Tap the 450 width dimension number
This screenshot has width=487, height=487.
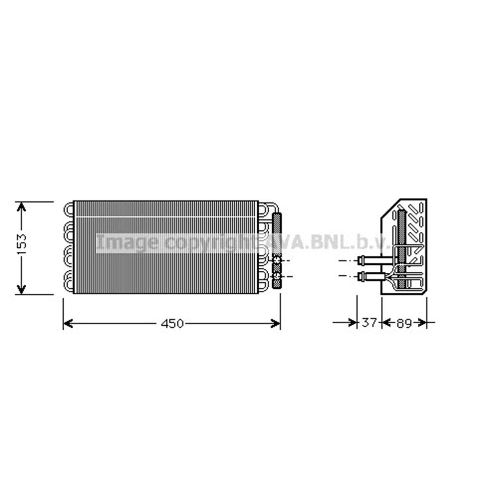pos(172,323)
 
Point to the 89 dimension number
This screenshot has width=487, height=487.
pos(404,323)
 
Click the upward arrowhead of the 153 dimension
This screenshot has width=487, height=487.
pos(21,206)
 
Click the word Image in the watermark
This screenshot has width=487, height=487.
pos(127,242)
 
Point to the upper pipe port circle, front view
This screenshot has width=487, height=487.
pos(277,262)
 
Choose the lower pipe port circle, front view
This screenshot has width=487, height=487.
pos(277,277)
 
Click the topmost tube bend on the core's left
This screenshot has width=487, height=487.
pos(69,209)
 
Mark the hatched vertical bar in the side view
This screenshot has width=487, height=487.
pos(401,248)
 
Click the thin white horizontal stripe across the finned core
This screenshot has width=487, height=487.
pos(166,217)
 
